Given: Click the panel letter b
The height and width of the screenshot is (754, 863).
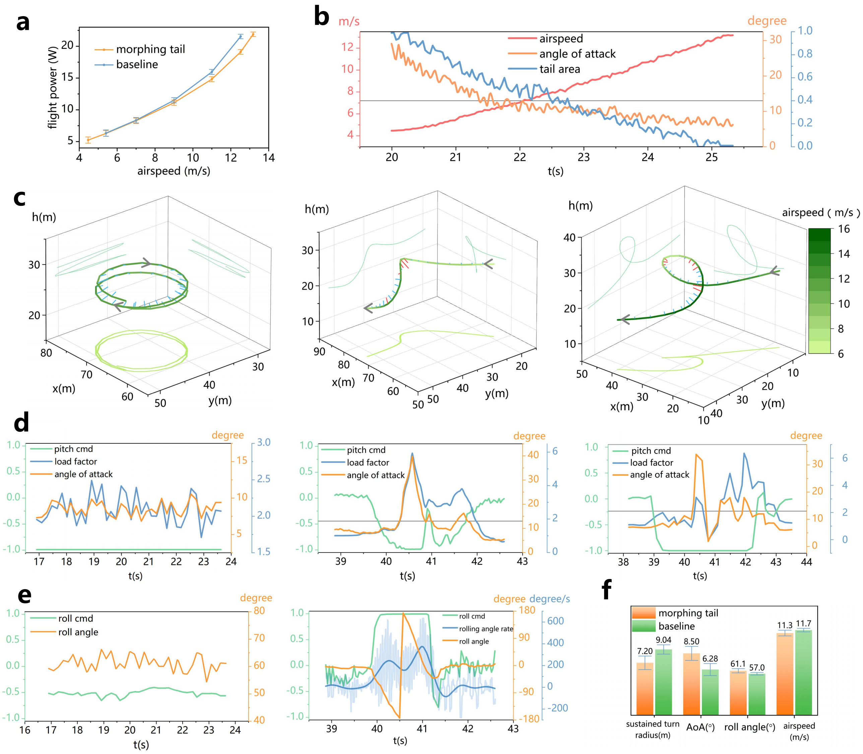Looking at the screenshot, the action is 322,18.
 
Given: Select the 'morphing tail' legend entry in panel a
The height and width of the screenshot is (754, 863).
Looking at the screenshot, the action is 140,49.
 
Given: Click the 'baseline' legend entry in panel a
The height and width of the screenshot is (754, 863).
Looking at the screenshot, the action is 126,64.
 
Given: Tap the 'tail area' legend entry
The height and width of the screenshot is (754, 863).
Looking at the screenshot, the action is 544,69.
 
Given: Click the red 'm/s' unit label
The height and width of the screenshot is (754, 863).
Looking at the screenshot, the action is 349,21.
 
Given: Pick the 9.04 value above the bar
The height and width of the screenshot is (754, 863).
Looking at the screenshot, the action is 663,640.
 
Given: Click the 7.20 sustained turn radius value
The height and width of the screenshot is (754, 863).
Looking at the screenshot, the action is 645,651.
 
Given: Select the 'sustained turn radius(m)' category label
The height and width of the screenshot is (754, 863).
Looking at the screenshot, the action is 652,730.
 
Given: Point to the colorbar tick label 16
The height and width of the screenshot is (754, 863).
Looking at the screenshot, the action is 844,229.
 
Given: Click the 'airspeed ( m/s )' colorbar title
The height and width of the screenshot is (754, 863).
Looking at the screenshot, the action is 820,213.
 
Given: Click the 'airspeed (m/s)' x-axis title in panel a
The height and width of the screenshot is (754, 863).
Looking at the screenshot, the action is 174,171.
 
